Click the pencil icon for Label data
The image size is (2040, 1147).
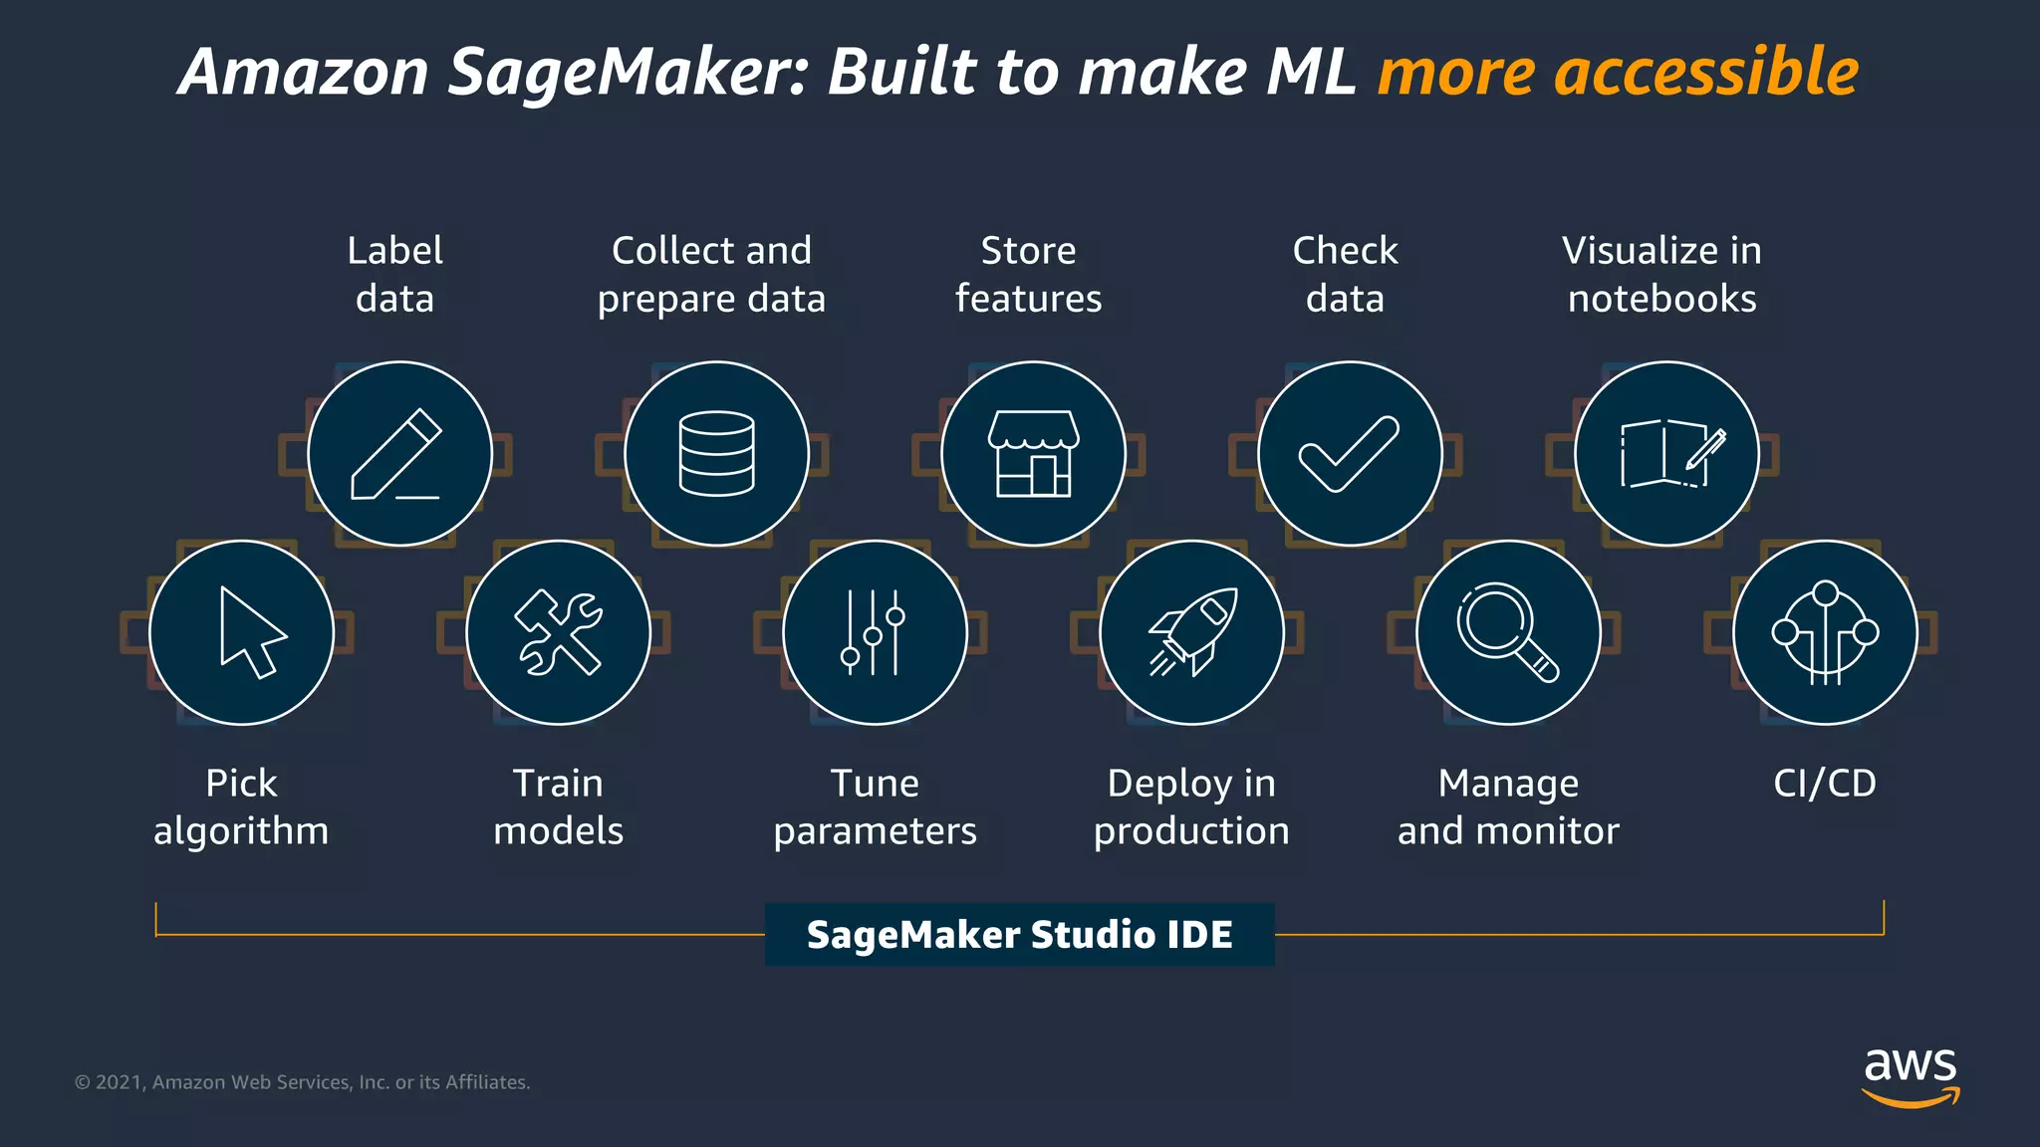coord(399,454)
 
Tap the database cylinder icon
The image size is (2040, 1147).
coord(716,454)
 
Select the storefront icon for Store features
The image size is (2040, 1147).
coord(1033,454)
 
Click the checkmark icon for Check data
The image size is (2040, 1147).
coord(1350,454)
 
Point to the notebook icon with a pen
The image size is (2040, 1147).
coord(1666,454)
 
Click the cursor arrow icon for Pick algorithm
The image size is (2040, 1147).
coord(241,632)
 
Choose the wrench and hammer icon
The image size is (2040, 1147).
coord(558,632)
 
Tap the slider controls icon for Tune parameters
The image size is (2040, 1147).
coord(875,632)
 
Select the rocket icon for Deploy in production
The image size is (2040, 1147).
coord(1191,632)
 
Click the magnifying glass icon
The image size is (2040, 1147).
coord(1508,632)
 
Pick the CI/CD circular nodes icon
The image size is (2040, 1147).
coord(1825,632)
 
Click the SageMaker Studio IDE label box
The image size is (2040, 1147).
coord(1019,934)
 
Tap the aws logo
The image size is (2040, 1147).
coord(1911,1075)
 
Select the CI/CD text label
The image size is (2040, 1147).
coord(1825,784)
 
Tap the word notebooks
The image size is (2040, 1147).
coord(1661,299)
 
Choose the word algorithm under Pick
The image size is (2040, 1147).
coord(241,831)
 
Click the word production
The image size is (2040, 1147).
coord(1191,831)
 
